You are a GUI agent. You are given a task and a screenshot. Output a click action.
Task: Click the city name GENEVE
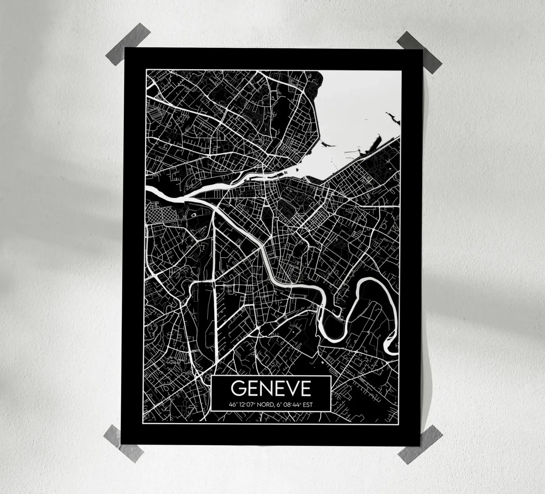(x=271, y=388)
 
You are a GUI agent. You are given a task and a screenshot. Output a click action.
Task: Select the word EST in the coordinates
(x=307, y=404)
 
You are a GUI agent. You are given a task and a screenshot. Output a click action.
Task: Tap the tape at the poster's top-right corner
(x=420, y=52)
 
